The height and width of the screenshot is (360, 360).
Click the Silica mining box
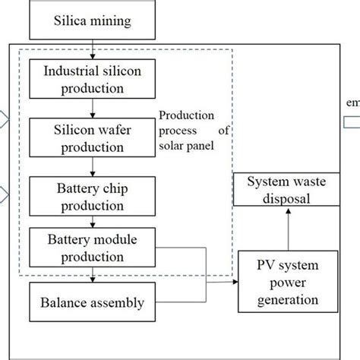coord(91,21)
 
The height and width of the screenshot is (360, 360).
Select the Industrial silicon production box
coord(91,81)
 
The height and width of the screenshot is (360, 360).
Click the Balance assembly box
coord(91,302)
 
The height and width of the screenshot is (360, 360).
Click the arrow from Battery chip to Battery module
coord(91,223)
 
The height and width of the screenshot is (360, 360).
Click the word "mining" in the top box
coord(112,21)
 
